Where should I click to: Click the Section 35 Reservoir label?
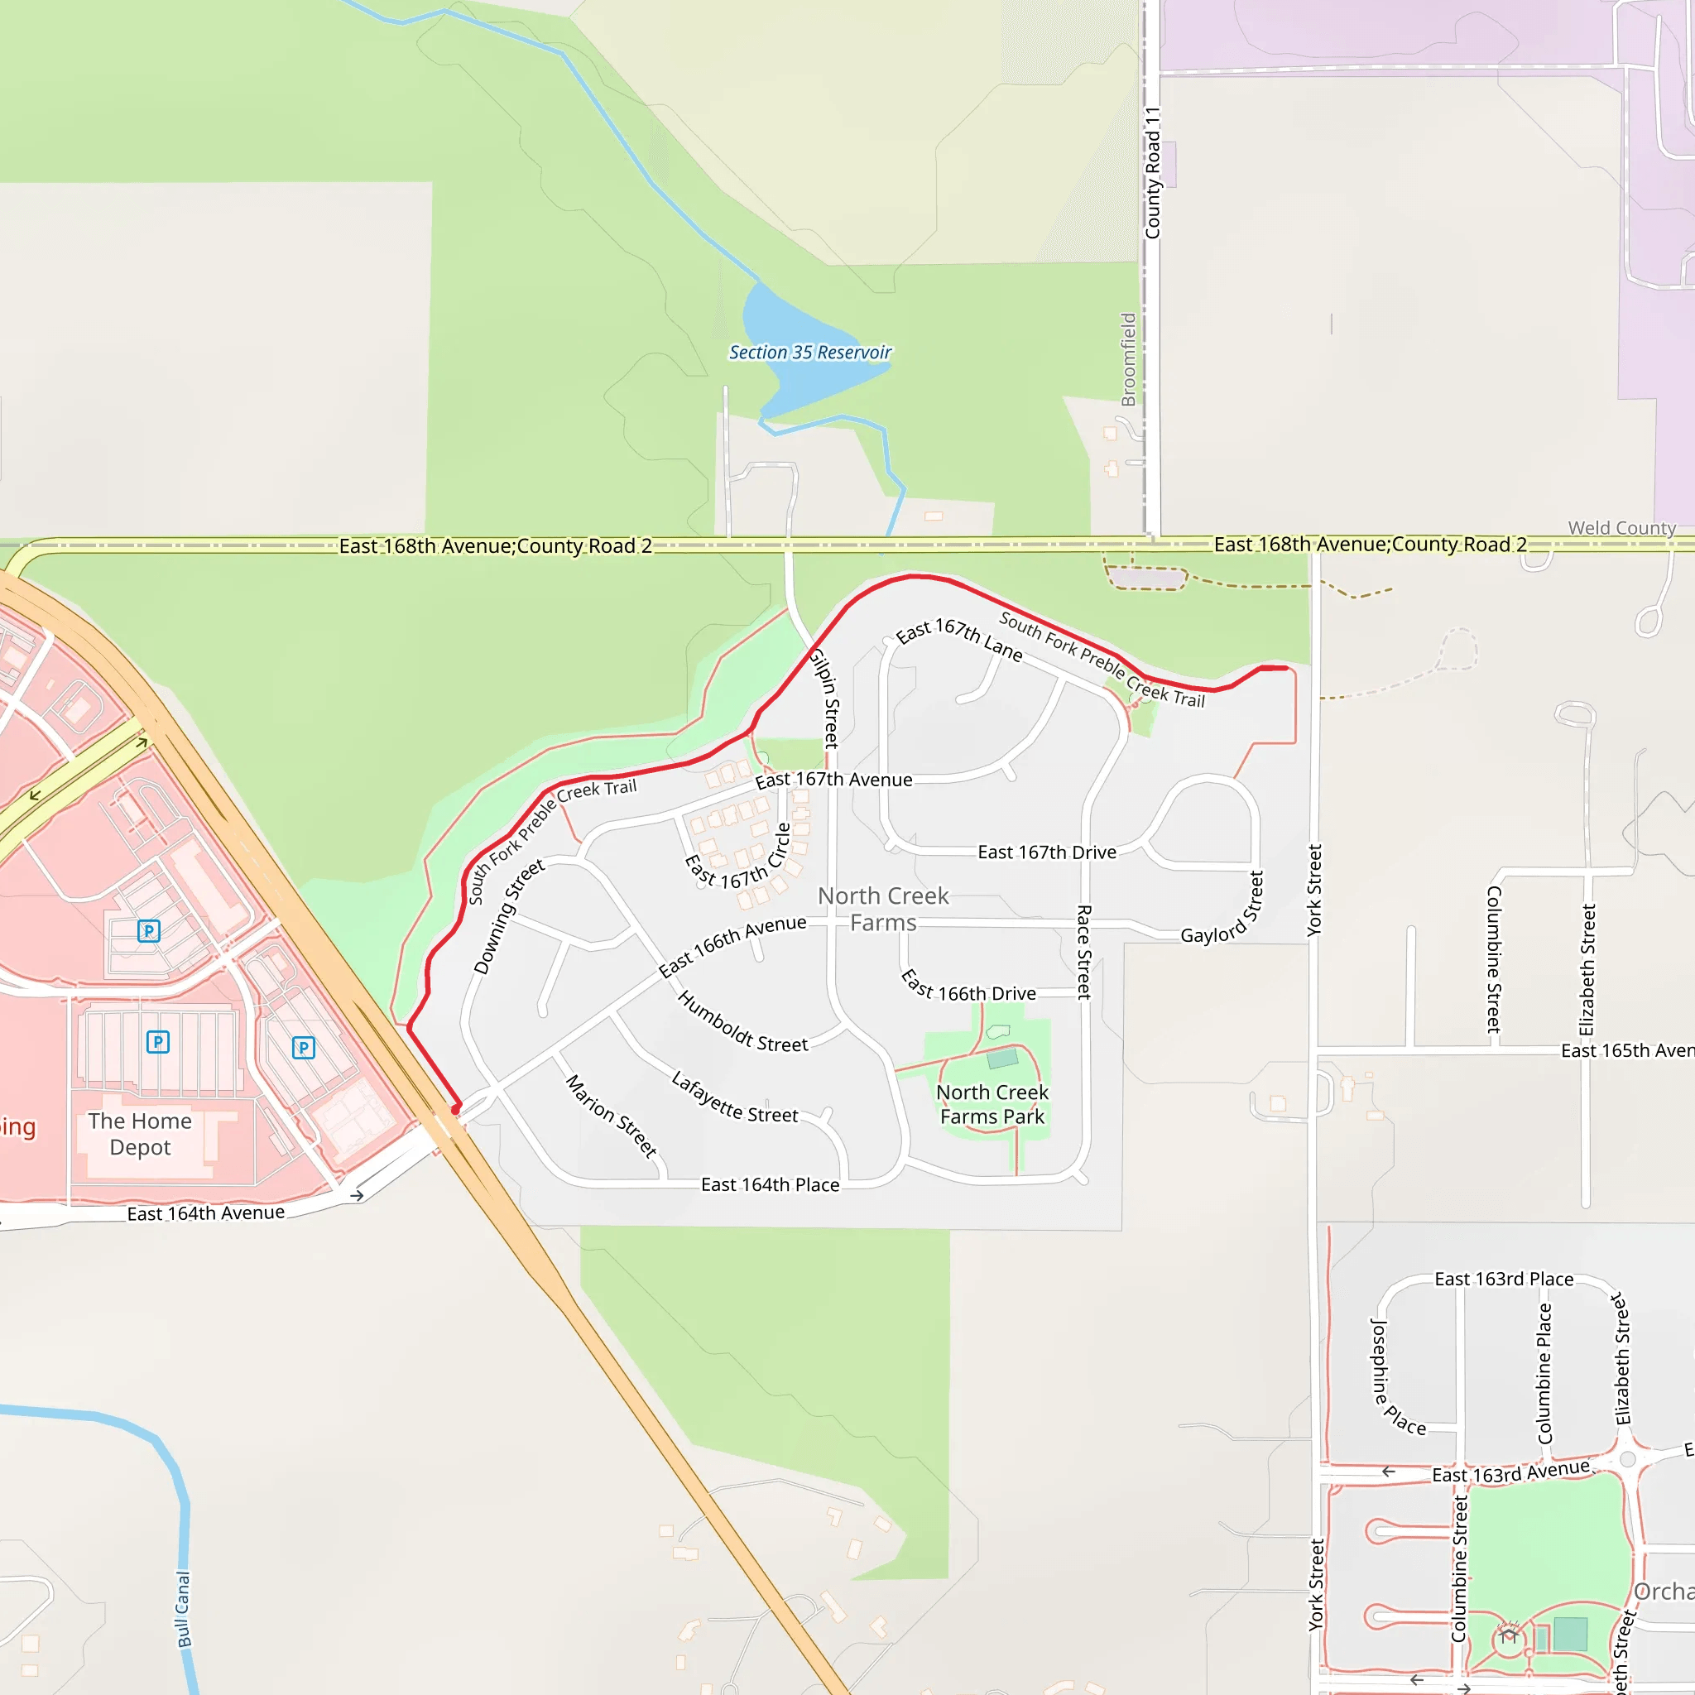pyautogui.click(x=809, y=353)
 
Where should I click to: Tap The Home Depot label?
pyautogui.click(x=140, y=1134)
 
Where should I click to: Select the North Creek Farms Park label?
pyautogui.click(x=992, y=1105)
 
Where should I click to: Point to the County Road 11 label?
pyautogui.click(x=1152, y=173)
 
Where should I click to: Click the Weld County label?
pyautogui.click(x=1621, y=528)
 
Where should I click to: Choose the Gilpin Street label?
pyautogui.click(x=824, y=698)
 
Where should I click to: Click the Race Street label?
pyautogui.click(x=1084, y=952)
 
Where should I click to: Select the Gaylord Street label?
pyautogui.click(x=1222, y=908)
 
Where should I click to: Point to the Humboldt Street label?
pyautogui.click(x=742, y=1022)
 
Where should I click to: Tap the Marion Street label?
pyautogui.click(x=612, y=1116)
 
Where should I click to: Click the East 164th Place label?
pyautogui.click(x=770, y=1185)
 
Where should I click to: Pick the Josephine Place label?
pyautogui.click(x=1398, y=1376)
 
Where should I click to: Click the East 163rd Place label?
pyautogui.click(x=1504, y=1280)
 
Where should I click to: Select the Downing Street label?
pyautogui.click(x=509, y=917)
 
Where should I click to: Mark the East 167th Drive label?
pyautogui.click(x=1047, y=852)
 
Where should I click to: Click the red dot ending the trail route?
pyautogui.click(x=455, y=1110)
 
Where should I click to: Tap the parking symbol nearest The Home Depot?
pyautogui.click(x=158, y=1042)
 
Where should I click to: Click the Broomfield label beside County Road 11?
pyautogui.click(x=1128, y=360)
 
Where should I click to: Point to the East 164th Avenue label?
pyautogui.click(x=206, y=1213)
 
